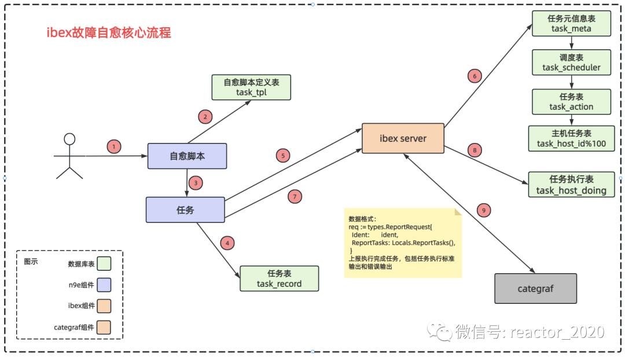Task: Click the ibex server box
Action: (x=403, y=138)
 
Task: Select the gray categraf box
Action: (x=535, y=288)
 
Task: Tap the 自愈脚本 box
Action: (x=186, y=156)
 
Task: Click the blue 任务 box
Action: (x=185, y=210)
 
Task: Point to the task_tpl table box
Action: (x=251, y=87)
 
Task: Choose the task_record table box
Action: (x=279, y=278)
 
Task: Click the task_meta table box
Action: (x=571, y=23)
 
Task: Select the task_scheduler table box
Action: (x=571, y=63)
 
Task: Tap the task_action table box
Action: (x=571, y=102)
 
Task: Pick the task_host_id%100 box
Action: (x=571, y=139)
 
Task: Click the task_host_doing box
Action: (x=571, y=185)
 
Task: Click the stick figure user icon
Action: (x=69, y=156)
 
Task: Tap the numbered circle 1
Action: (x=114, y=146)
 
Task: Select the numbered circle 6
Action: (x=474, y=76)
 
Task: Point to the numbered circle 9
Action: (x=484, y=211)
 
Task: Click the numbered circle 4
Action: (x=228, y=243)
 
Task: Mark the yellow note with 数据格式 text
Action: (x=403, y=243)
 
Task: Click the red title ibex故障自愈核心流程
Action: (x=109, y=32)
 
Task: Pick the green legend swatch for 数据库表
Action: (x=104, y=264)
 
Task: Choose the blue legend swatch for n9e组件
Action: (x=104, y=285)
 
